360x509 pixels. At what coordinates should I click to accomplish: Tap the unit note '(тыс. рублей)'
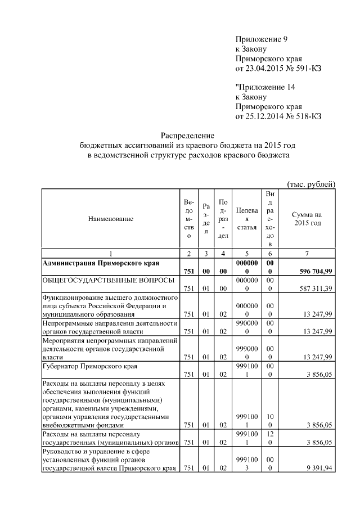tap(311, 184)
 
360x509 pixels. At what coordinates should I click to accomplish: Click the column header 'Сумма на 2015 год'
tap(307, 219)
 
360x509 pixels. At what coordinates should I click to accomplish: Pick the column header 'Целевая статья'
tap(247, 219)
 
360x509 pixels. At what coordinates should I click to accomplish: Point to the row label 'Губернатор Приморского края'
tap(90, 367)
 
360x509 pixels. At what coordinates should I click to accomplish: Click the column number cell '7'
tap(307, 254)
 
